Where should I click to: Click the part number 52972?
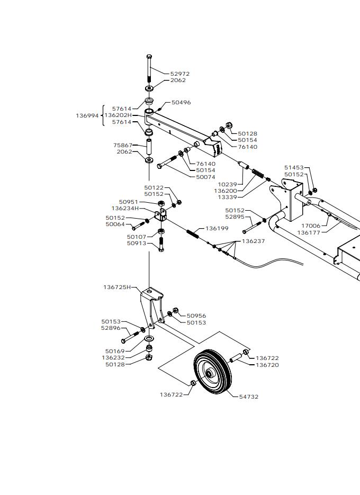click(180, 74)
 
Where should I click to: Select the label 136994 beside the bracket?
click(87, 115)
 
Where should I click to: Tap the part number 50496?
click(181, 102)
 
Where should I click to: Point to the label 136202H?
click(118, 115)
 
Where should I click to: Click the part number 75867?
click(123, 145)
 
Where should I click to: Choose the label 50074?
click(205, 177)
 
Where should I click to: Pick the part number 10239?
click(227, 184)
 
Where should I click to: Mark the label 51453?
click(294, 167)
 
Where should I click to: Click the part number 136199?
click(217, 228)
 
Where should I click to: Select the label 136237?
click(253, 241)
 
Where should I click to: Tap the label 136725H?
click(117, 287)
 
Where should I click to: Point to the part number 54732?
click(249, 397)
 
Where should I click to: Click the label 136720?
click(267, 365)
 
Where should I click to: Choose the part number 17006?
click(311, 226)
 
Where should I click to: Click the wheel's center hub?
click(209, 373)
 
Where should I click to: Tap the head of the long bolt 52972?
click(149, 57)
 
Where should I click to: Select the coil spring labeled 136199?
click(193, 234)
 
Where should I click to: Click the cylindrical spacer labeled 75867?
click(148, 147)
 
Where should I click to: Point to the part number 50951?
click(129, 202)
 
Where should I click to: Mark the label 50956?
click(196, 316)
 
